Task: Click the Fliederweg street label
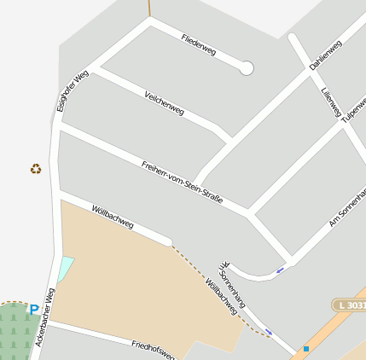tap(199, 46)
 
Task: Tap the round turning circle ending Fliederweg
tap(247, 68)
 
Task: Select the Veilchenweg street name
tap(165, 102)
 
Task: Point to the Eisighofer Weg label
tap(73, 91)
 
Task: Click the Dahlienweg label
tap(326, 54)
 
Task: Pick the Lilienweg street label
tap(331, 102)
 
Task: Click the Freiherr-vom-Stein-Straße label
tap(182, 181)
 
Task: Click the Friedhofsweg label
tap(154, 350)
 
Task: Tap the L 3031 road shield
tap(348, 305)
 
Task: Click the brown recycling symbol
tap(35, 169)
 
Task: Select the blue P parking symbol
tap(34, 311)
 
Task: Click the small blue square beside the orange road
tap(306, 349)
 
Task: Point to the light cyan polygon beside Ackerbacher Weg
tap(66, 269)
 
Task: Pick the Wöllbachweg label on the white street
tap(113, 217)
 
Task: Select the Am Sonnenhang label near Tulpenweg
tap(347, 209)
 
